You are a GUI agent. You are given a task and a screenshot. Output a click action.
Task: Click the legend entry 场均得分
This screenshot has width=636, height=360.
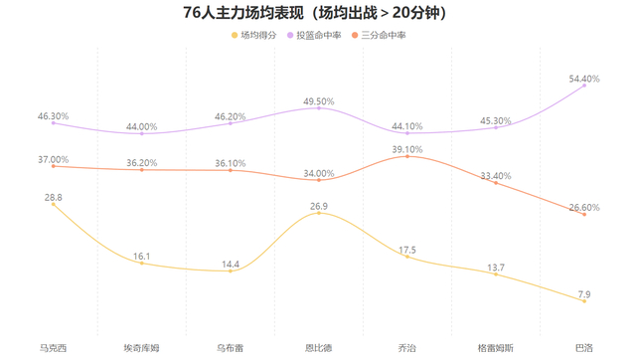[256, 35]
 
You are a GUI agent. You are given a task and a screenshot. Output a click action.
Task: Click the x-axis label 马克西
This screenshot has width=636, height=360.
[53, 348]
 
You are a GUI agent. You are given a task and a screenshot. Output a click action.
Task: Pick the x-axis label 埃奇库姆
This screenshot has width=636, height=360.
[141, 348]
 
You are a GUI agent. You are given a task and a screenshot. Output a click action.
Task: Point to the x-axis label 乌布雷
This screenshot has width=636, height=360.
[231, 348]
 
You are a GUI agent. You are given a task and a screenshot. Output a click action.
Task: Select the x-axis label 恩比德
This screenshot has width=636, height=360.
[319, 348]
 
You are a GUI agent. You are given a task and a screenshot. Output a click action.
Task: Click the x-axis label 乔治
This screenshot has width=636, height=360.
[407, 348]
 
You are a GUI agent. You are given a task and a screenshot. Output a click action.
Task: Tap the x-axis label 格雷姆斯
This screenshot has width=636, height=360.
[496, 348]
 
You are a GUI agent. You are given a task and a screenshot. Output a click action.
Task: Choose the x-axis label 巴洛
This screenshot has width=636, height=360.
[584, 348]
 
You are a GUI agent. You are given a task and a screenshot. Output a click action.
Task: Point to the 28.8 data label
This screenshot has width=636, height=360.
[53, 198]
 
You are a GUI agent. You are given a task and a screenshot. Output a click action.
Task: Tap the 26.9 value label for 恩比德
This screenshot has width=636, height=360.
[319, 207]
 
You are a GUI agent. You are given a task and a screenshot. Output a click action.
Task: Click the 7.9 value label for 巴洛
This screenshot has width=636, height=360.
[584, 293]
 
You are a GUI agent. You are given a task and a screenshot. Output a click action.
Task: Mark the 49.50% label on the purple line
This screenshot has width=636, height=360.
[319, 100]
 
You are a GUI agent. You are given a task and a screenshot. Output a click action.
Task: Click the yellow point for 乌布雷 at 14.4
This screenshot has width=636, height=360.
[231, 270]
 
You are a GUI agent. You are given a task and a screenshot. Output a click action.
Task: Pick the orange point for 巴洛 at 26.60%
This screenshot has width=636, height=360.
[584, 214]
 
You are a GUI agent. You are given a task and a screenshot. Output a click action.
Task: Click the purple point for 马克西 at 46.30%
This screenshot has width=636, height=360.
[53, 123]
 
